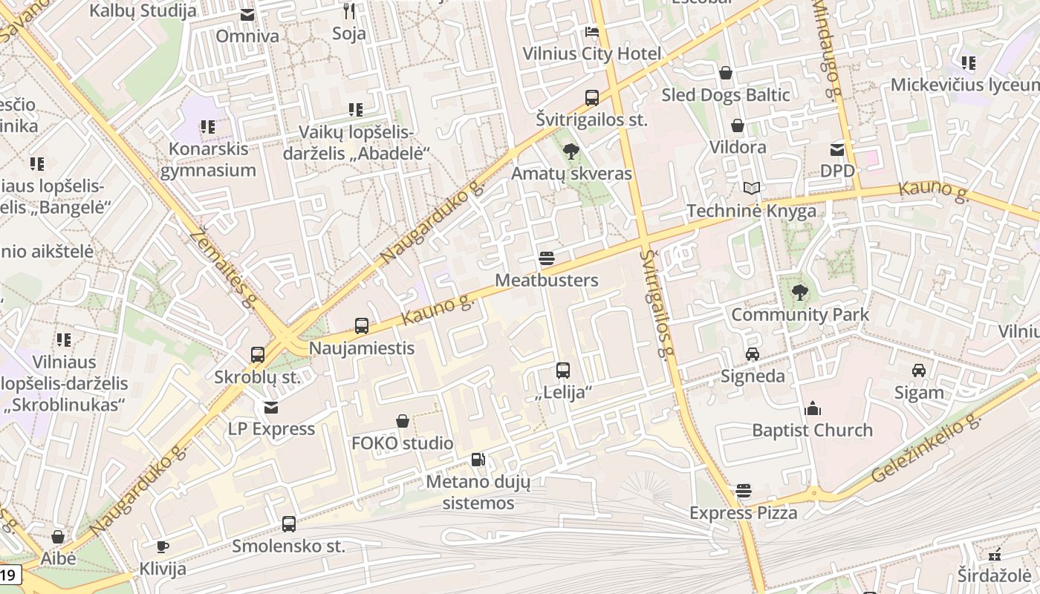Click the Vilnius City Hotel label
(591, 53)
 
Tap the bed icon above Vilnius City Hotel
(592, 32)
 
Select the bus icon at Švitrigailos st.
(592, 97)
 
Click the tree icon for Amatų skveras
(571, 152)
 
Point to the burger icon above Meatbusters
(547, 259)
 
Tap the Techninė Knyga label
(751, 211)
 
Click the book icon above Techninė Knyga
(752, 189)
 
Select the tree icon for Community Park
(800, 293)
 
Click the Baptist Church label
(812, 430)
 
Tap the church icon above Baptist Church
(813, 408)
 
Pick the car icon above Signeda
(753, 354)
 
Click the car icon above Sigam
(919, 371)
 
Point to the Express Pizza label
(743, 512)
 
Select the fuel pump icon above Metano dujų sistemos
(478, 460)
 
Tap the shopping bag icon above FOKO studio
(403, 422)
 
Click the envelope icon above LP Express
(271, 408)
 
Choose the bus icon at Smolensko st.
(289, 524)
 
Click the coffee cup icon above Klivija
(163, 547)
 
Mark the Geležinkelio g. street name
(926, 449)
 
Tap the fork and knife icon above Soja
(349, 11)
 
